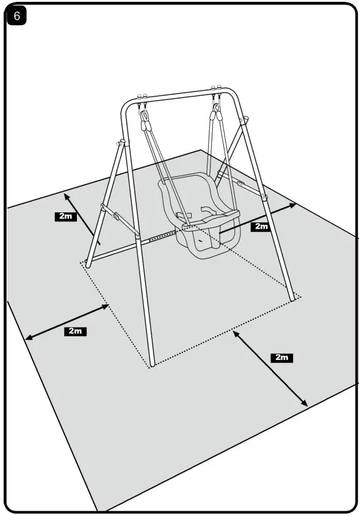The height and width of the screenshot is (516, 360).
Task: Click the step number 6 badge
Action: point(17,16)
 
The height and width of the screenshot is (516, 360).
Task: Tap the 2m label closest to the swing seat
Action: point(261,226)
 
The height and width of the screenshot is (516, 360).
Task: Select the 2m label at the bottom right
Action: point(281,357)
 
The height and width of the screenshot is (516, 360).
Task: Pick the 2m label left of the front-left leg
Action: point(75,331)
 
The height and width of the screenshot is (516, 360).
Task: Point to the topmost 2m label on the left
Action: point(65,217)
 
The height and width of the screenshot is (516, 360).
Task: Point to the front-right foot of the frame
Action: point(296,297)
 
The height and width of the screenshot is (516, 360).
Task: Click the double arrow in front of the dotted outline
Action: point(270,369)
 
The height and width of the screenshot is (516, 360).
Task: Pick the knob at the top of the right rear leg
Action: point(246,121)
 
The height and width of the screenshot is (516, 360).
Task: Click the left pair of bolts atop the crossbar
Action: point(143,96)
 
